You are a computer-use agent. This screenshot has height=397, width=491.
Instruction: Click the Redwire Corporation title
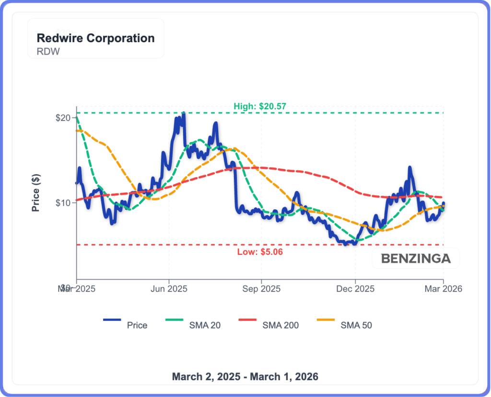tap(95, 38)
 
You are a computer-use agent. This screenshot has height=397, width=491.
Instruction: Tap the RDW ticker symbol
tap(48, 51)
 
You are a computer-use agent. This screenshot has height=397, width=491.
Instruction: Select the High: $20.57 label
tap(259, 106)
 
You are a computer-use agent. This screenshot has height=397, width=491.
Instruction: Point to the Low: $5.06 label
tap(260, 252)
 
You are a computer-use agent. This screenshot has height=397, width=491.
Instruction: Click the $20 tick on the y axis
tap(64, 118)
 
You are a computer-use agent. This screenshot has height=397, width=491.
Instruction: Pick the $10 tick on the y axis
tap(64, 203)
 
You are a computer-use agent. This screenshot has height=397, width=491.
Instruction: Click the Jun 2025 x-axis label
tap(169, 289)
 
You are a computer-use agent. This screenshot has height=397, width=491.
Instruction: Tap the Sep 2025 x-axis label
tap(261, 289)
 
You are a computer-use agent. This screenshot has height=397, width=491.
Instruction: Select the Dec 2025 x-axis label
tap(355, 289)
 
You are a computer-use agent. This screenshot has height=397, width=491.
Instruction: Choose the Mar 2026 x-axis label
tap(443, 289)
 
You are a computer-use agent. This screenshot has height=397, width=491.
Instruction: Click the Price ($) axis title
tap(35, 192)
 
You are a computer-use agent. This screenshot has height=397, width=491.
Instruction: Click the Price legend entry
tap(137, 325)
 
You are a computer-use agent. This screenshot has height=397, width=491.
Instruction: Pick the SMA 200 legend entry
tap(281, 325)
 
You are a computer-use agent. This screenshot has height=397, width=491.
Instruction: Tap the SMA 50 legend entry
tap(356, 325)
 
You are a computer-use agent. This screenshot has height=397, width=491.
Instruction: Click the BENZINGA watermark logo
tap(416, 259)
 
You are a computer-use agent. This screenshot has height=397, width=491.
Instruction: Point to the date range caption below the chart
tap(245, 376)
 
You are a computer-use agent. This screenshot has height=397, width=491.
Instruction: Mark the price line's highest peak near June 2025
tap(183, 113)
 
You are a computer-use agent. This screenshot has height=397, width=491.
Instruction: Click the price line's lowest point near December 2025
tap(345, 244)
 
